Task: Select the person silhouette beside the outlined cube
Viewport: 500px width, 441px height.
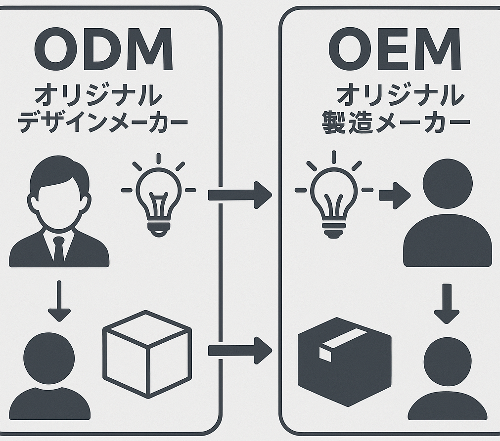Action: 49,375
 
